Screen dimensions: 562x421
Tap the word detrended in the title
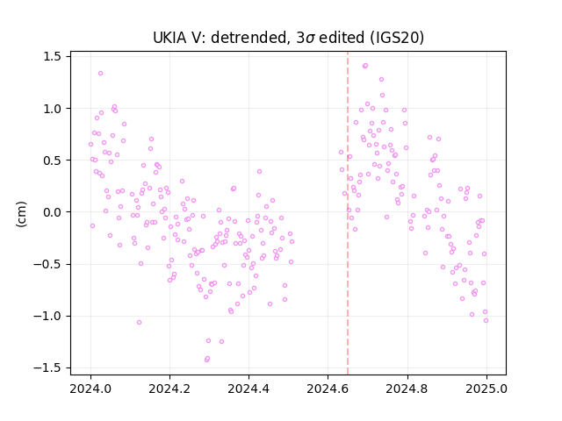pos(250,38)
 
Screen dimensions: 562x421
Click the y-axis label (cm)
pos(21,214)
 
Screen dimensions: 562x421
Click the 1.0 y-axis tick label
pos(52,109)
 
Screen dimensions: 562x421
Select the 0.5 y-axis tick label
pos(52,161)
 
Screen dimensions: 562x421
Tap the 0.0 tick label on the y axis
pos(52,212)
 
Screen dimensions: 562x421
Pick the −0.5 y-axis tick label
pos(47,264)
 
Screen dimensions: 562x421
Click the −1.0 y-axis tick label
pos(47,316)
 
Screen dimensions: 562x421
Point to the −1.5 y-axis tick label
pos(47,368)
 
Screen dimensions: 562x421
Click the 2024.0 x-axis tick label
pos(90,389)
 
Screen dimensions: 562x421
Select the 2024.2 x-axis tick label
pos(169,389)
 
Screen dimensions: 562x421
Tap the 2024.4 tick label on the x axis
pos(249,389)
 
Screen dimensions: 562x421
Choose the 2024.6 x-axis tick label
pos(328,389)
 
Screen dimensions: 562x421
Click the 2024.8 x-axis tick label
pos(407,389)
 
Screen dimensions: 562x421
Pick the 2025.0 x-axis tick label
pos(486,389)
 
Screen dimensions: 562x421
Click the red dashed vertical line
pos(348,213)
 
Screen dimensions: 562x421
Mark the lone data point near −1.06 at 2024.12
pos(139,323)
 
